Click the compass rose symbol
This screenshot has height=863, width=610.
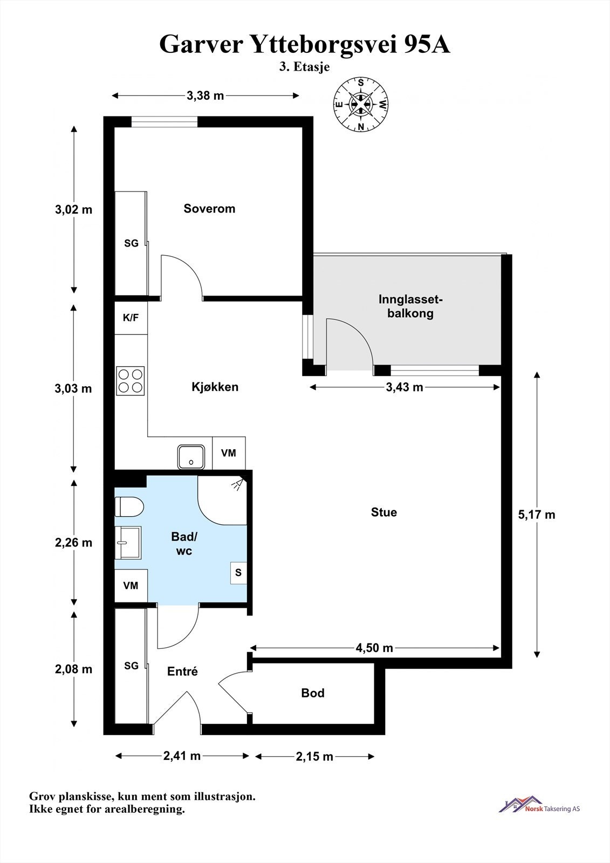tap(361, 105)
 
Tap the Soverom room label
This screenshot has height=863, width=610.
tap(209, 208)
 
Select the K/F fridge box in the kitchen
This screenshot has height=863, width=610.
tap(131, 318)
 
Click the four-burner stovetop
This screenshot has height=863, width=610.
tap(131, 381)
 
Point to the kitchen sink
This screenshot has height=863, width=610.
tap(191, 457)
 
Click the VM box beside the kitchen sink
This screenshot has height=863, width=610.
tap(229, 453)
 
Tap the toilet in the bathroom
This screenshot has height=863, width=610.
tap(129, 506)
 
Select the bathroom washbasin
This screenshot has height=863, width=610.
tap(128, 543)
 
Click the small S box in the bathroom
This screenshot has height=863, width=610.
tap(238, 573)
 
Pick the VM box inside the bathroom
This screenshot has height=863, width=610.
tap(131, 586)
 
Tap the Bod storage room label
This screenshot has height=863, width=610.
tap(312, 693)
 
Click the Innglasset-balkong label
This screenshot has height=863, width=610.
tap(410, 306)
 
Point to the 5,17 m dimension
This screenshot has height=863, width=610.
tap(537, 515)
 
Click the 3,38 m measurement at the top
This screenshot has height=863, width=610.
tap(205, 95)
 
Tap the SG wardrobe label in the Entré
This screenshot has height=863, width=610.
tap(131, 666)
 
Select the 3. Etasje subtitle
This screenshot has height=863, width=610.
tap(305, 67)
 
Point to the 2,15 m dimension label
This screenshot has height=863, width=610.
tap(314, 757)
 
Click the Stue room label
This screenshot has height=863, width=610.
tap(384, 512)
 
